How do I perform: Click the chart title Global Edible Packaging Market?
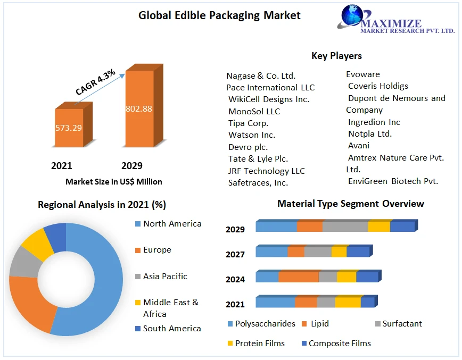(219, 15)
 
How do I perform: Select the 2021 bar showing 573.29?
(69, 128)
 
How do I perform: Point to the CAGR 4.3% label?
(96, 82)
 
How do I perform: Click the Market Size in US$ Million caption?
(113, 182)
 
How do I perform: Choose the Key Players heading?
(336, 56)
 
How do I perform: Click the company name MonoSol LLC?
(254, 111)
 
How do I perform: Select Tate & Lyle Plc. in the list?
(258, 159)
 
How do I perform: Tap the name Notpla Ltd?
(369, 134)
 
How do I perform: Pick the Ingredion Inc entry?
(374, 122)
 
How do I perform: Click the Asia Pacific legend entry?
(165, 277)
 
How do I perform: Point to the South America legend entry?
(171, 329)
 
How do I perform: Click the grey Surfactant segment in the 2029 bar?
(345, 227)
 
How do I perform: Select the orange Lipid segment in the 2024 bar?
(298, 277)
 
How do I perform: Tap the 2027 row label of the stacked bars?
(235, 255)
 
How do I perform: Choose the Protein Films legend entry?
(260, 344)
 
